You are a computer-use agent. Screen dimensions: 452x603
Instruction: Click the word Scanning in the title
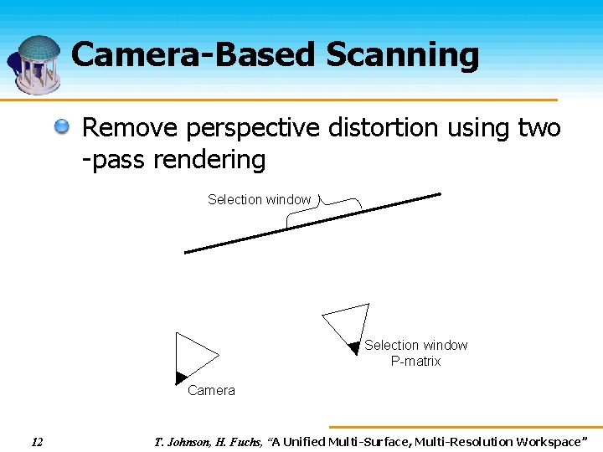coord(402,55)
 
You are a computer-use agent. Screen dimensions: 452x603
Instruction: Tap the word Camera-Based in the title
coord(194,55)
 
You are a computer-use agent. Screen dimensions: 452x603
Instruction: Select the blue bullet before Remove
coord(63,128)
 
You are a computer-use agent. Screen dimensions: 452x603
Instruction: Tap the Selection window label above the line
coord(259,199)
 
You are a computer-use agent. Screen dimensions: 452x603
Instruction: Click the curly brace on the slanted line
coord(323,209)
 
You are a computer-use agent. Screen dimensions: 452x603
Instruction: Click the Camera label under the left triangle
coord(211,390)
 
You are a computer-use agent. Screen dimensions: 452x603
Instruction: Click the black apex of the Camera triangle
coord(180,378)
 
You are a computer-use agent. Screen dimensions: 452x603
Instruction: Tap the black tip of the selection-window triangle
coord(354,347)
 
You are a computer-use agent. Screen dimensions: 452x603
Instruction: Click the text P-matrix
coord(415,362)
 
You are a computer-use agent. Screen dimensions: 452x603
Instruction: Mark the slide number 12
coord(37,441)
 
